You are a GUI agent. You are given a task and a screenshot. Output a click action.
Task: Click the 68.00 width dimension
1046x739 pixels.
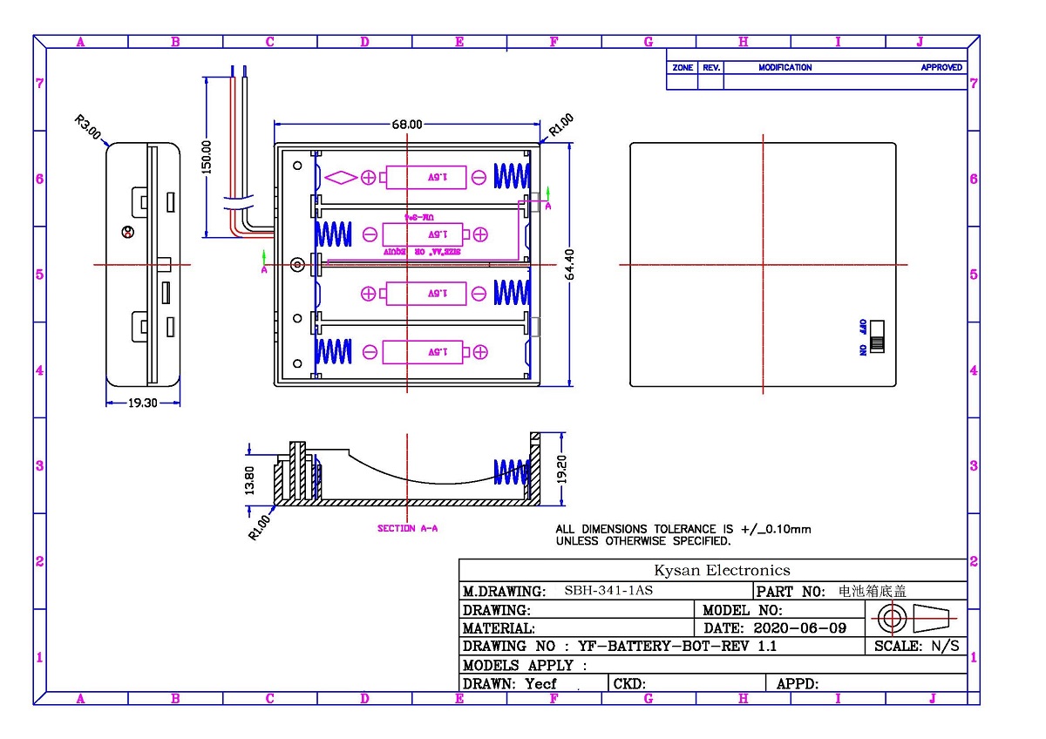(x=406, y=125)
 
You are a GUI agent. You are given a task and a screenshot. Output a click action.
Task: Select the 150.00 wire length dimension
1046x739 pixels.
(x=207, y=158)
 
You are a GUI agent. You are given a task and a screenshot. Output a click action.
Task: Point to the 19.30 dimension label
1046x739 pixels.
(x=144, y=403)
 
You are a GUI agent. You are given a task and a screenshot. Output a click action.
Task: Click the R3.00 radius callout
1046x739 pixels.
(x=88, y=128)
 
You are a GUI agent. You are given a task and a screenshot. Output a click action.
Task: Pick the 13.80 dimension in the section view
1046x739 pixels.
(x=250, y=478)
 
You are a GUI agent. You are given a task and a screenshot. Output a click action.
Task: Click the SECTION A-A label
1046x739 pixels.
(x=407, y=528)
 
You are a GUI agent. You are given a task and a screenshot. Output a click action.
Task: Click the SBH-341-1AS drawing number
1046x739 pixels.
(x=608, y=591)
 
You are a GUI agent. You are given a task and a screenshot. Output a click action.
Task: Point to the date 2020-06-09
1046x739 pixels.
(x=799, y=627)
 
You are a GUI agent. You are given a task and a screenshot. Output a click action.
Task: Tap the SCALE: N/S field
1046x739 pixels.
(x=916, y=647)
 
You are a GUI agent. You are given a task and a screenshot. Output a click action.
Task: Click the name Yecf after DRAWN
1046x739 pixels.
(x=540, y=684)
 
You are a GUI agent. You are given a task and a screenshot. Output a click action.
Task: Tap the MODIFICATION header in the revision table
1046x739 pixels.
(x=784, y=67)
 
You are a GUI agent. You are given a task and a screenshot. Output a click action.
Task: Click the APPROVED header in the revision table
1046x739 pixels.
(x=941, y=67)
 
